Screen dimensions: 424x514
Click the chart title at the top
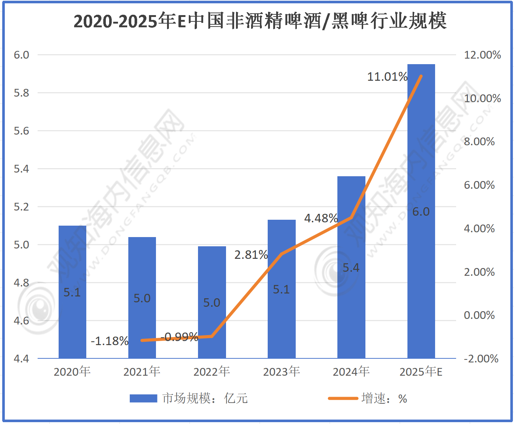tap(260, 21)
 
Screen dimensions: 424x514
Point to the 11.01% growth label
tap(387, 77)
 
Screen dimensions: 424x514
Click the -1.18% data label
tap(110, 341)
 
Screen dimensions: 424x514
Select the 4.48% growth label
tap(321, 218)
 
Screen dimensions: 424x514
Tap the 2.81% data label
tap(251, 255)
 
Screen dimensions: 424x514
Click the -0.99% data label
tap(180, 337)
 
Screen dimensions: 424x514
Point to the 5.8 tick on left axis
tap(21, 93)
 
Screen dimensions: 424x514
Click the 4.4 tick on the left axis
tap(21, 359)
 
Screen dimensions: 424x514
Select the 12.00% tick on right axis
tap(482, 55)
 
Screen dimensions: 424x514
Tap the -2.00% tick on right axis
tap(481, 359)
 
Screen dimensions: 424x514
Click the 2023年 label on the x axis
tap(281, 372)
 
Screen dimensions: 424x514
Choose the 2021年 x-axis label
tap(142, 372)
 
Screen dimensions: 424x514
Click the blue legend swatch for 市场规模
tap(143, 399)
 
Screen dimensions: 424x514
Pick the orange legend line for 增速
tap(343, 399)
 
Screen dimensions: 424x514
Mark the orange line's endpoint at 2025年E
tap(421, 76)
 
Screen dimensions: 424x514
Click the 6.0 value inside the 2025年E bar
tap(421, 212)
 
